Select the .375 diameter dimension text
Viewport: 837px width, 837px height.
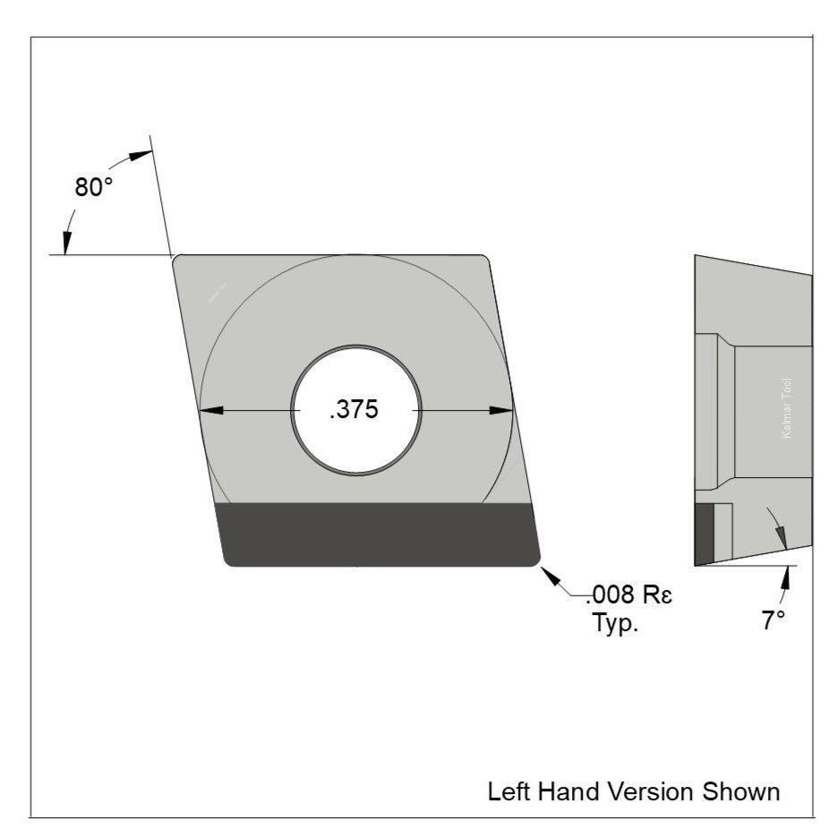354,410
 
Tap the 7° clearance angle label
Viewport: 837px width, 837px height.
773,620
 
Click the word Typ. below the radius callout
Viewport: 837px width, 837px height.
615,623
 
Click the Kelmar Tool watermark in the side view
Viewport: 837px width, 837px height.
787,407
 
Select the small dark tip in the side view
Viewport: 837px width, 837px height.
705,534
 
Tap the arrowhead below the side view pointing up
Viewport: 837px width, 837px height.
788,577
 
